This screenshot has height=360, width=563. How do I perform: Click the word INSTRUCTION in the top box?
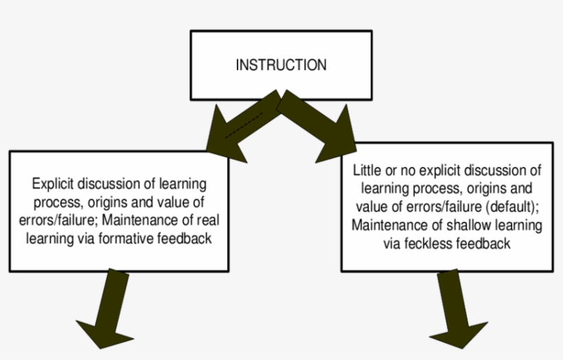point(281,66)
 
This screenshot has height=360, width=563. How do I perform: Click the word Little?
point(367,169)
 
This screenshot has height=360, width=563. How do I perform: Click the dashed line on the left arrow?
point(244,126)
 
